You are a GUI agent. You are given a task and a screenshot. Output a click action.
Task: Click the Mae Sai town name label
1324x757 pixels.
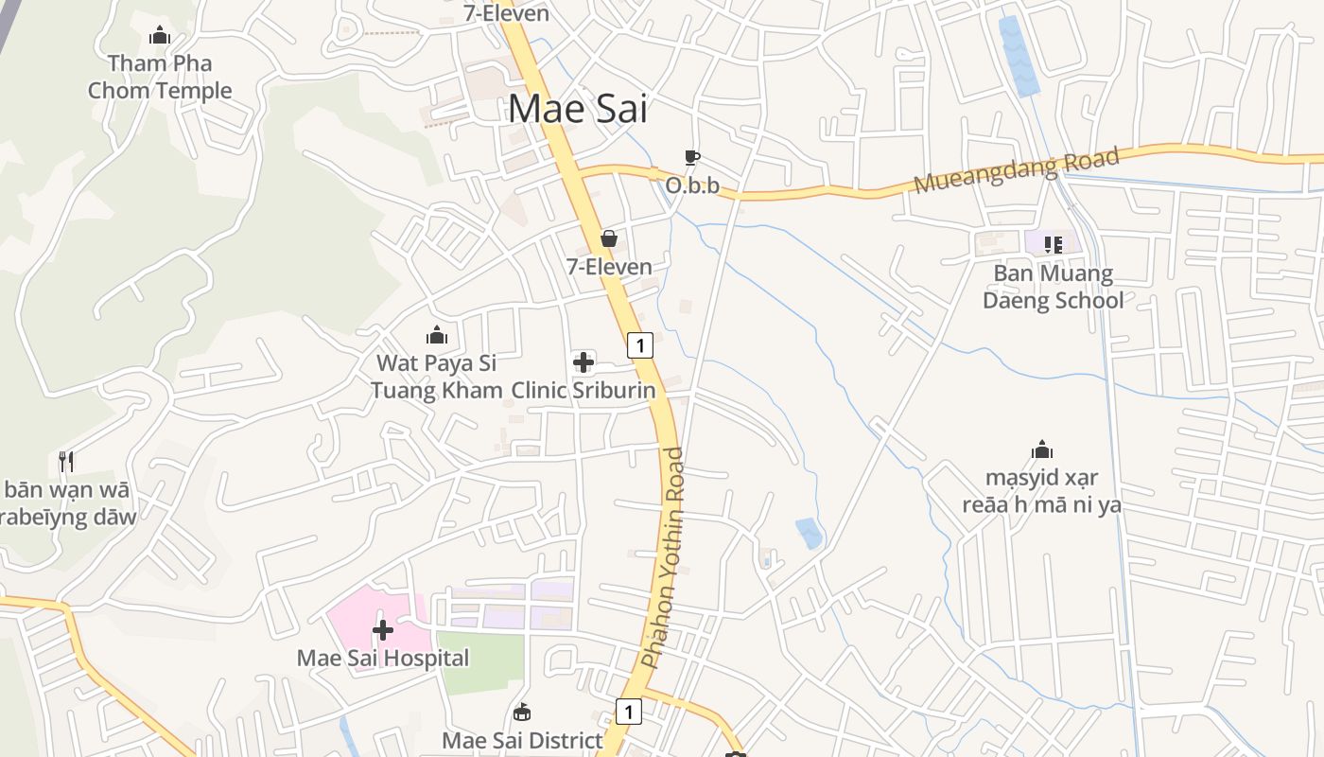coord(578,109)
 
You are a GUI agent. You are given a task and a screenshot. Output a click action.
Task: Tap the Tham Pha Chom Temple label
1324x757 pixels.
coord(160,78)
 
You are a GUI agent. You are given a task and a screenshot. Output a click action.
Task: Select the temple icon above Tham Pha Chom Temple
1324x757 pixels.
coord(160,36)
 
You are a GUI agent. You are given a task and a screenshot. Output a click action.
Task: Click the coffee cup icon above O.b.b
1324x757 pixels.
coord(692,157)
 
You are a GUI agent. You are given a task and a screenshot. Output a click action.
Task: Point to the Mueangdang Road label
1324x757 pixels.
coord(1017,170)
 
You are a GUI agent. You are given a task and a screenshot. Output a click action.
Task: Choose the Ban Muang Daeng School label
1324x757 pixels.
coord(1053,287)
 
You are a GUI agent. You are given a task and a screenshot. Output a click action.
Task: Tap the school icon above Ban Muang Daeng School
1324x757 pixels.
coord(1053,244)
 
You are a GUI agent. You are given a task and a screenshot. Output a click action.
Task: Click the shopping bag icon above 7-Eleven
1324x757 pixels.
coord(609,238)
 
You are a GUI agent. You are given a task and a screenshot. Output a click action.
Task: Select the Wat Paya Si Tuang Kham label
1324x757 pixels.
coord(436,377)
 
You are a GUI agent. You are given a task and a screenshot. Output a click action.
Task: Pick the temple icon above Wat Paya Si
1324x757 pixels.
coord(436,334)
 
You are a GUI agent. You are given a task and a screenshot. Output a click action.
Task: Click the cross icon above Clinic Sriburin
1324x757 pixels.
coord(584,361)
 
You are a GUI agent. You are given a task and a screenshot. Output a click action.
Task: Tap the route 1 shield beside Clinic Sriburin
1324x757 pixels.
coord(640,345)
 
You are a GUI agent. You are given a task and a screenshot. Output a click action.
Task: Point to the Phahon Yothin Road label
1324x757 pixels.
coord(663,558)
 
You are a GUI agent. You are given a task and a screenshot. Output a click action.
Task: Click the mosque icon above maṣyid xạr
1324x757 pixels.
coord(1042,449)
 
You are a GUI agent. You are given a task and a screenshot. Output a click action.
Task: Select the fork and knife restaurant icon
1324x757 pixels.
coord(65,462)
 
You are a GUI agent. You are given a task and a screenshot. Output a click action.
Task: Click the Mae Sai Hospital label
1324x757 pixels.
coord(383,658)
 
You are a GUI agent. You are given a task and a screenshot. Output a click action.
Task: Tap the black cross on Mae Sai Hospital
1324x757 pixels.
coord(383,629)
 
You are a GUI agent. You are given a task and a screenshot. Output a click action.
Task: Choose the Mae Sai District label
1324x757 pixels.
coord(522,740)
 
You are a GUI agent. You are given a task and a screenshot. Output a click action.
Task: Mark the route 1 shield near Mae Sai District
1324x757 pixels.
coord(629,711)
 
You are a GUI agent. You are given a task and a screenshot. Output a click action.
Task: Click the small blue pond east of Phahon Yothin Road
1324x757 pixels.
coord(810,533)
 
